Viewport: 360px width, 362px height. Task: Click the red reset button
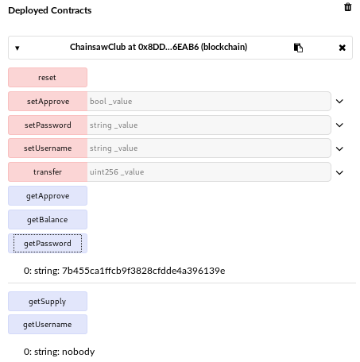(48, 77)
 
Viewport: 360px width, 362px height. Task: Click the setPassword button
(48, 125)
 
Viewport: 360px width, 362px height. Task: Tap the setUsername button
(48, 148)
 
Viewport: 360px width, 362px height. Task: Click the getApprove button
(48, 196)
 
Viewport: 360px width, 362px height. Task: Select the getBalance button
(48, 220)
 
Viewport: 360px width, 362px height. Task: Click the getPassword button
(48, 244)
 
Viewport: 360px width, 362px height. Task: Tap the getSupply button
(48, 301)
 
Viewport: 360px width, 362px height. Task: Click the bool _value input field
(209, 101)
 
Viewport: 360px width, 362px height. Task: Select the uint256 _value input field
(209, 172)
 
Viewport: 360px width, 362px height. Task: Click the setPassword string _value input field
(209, 125)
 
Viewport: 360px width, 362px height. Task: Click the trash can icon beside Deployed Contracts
(348, 7)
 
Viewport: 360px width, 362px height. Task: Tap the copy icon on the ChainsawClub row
(298, 48)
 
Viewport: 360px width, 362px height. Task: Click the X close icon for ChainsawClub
(343, 48)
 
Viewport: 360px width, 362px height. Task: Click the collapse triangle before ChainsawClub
(17, 48)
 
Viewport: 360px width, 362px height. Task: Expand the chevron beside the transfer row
(339, 172)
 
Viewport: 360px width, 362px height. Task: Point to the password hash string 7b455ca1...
(144, 271)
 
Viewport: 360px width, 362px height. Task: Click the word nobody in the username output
(79, 352)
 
